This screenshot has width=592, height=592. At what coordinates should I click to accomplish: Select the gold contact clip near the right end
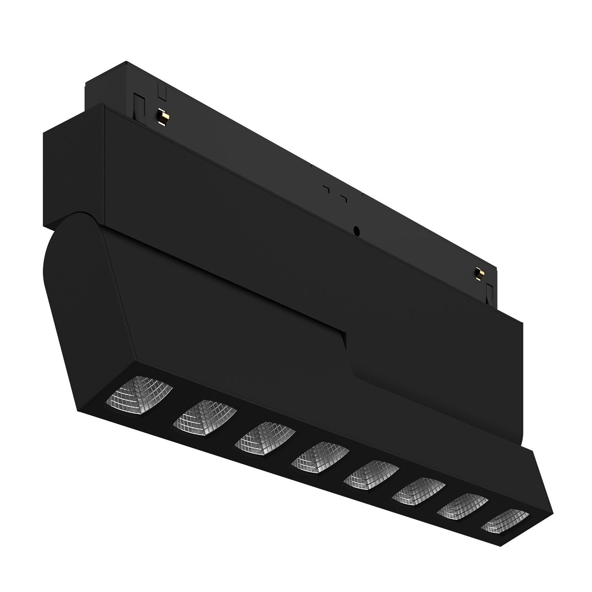(480, 274)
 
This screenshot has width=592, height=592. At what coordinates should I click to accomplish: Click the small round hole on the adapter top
(357, 230)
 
